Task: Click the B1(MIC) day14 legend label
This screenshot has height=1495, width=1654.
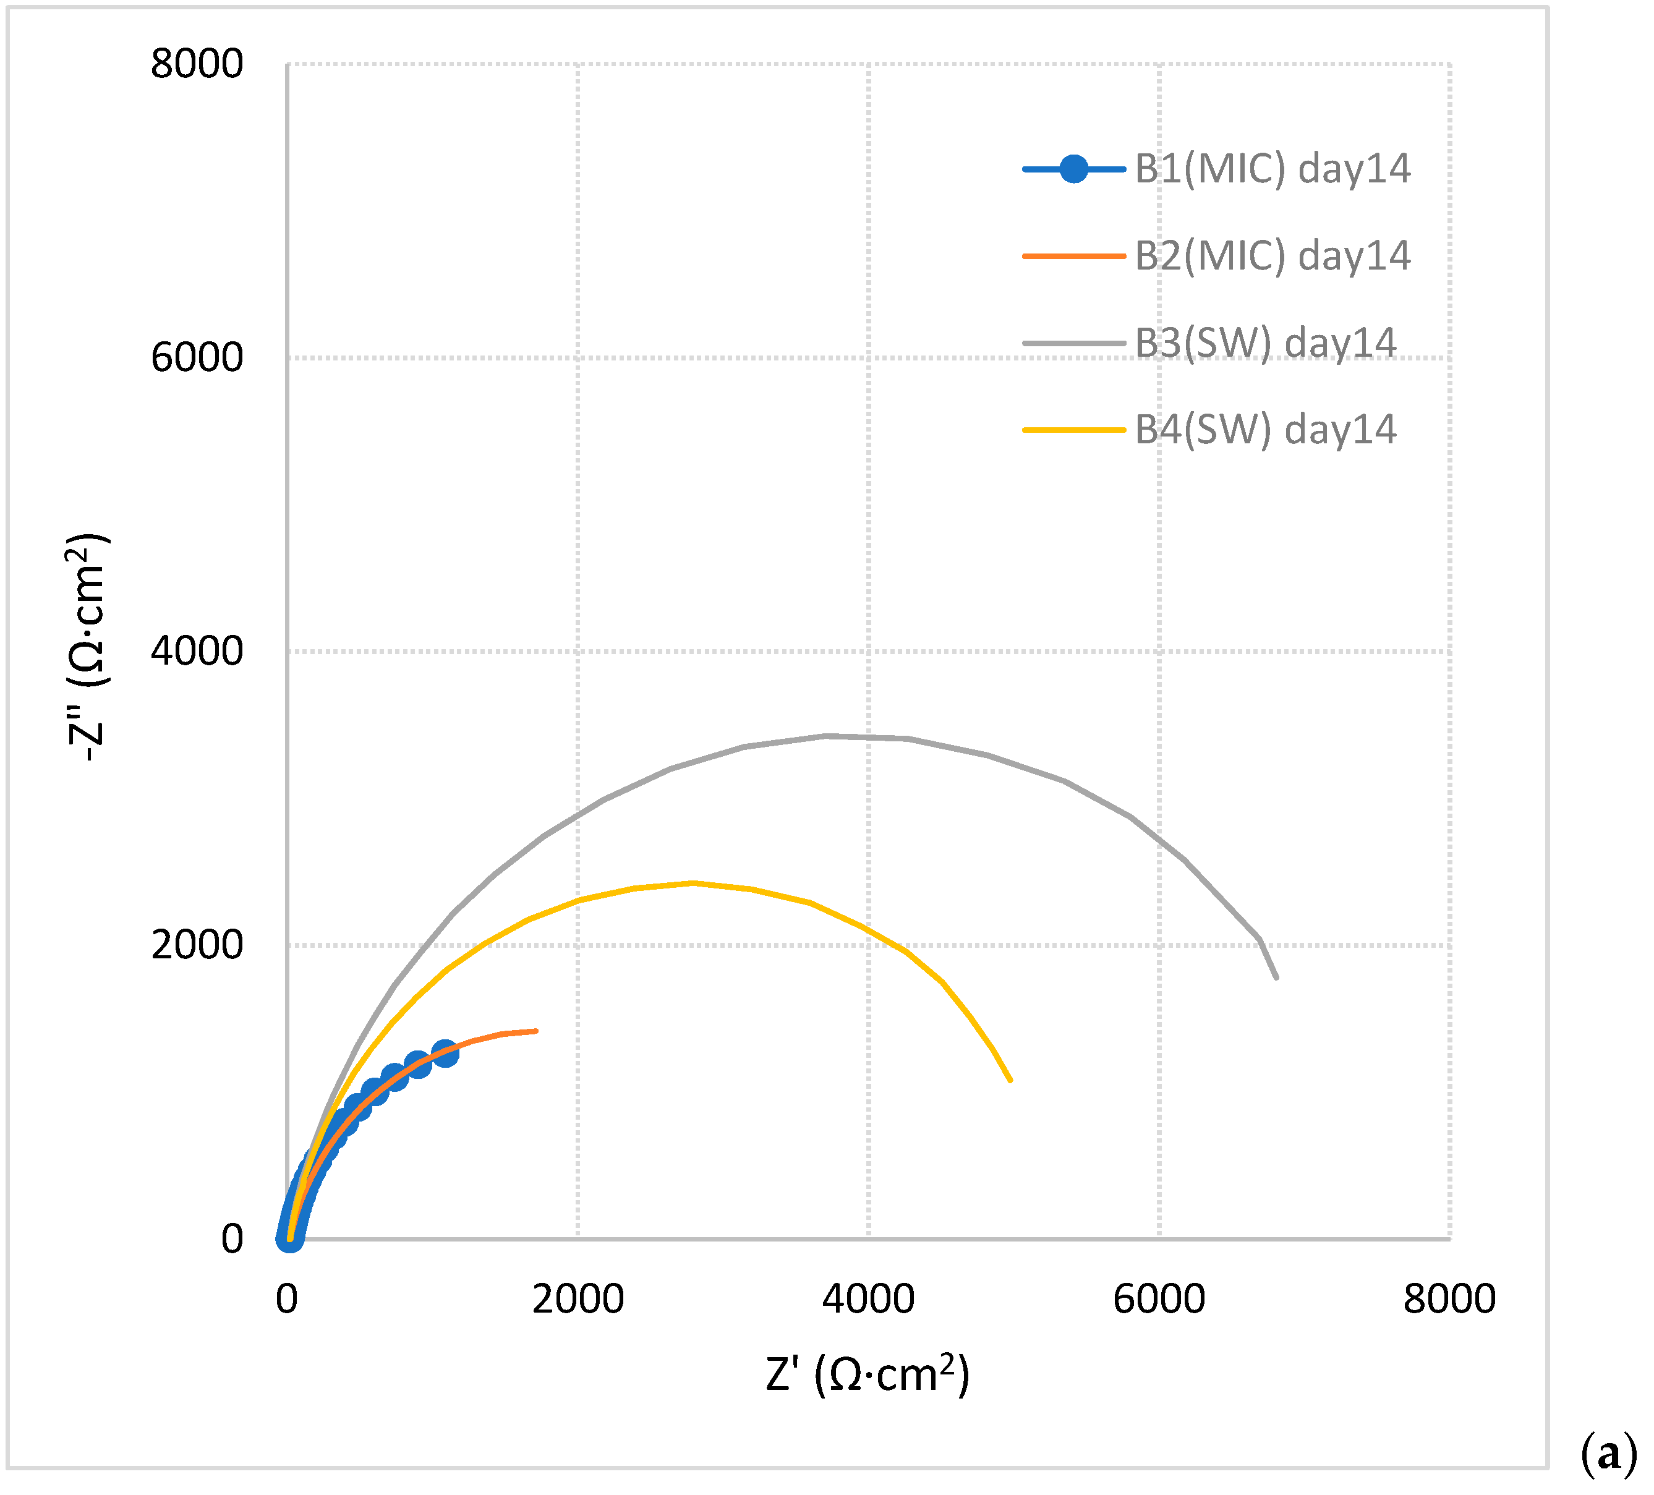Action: point(1272,169)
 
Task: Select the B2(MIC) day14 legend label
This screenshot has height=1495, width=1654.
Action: point(1272,256)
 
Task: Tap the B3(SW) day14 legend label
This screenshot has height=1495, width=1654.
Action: point(1265,343)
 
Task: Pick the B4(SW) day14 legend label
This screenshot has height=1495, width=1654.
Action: point(1265,430)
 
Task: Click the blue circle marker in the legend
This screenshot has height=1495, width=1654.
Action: point(1073,169)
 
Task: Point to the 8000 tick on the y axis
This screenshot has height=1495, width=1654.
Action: point(197,64)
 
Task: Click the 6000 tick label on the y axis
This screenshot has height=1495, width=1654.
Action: point(197,358)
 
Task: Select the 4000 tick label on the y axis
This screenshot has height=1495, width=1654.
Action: point(197,652)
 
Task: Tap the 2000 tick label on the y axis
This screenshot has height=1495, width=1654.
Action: point(197,945)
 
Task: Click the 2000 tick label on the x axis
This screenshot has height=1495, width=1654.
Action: point(578,1300)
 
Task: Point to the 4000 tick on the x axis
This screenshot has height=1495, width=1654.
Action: point(868,1300)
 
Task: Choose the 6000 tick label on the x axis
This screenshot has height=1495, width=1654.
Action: point(1159,1300)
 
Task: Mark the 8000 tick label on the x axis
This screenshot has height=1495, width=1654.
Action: point(1450,1300)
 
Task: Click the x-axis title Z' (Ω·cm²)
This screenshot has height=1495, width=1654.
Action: point(867,1374)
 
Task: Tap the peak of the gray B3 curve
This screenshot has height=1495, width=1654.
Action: point(827,736)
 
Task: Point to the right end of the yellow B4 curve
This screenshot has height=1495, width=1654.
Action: point(1011,1081)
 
